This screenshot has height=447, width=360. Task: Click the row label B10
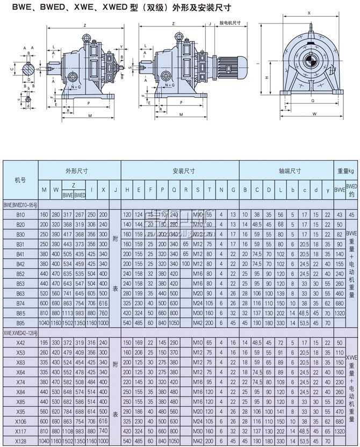[20, 214]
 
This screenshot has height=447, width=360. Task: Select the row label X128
[20, 441]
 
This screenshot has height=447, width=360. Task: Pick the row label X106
[20, 422]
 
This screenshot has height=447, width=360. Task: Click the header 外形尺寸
[76, 171]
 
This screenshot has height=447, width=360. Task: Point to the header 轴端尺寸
[290, 171]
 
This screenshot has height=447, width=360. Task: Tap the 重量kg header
[346, 171]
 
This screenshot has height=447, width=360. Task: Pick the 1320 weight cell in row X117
[340, 431]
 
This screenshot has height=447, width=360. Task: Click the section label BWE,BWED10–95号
[21, 205]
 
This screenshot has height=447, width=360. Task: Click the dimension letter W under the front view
[313, 113]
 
